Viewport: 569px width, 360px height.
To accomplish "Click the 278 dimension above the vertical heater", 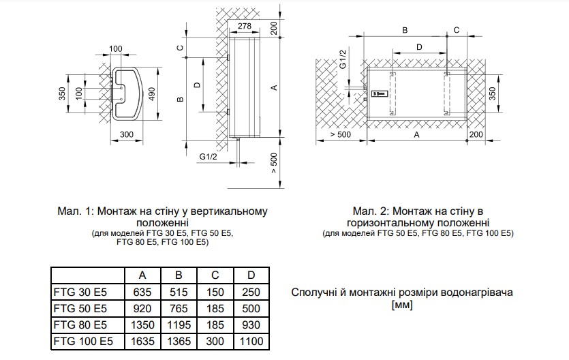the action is tap(245, 26).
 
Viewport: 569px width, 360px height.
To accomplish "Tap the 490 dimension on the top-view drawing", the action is tap(151, 94).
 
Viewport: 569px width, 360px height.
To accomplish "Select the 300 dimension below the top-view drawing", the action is tap(126, 134).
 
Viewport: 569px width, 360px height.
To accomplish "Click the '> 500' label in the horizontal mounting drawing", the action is tap(341, 134).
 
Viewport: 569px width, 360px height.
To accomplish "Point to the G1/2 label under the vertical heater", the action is tap(208, 156).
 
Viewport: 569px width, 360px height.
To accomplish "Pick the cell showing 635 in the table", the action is tap(142, 292).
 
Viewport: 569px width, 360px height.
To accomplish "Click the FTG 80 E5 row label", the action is tap(80, 325).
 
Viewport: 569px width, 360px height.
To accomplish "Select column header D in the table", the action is tap(251, 275).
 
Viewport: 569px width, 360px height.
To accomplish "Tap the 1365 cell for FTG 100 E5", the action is tap(179, 341).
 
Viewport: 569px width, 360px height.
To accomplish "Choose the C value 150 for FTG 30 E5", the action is tap(215, 292).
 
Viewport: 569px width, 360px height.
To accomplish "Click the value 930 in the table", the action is tap(251, 325).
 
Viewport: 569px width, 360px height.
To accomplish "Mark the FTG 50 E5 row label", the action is tap(80, 308).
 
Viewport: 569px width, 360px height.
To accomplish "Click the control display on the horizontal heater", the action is tap(380, 93).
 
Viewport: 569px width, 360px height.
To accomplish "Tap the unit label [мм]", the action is tap(402, 305).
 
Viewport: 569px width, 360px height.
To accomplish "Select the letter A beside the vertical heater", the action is tap(275, 87).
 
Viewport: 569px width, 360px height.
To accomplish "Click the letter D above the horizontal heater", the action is tap(419, 47).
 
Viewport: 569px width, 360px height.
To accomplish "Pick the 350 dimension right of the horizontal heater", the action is tap(492, 94).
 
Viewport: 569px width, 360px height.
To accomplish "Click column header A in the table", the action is tap(142, 275).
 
